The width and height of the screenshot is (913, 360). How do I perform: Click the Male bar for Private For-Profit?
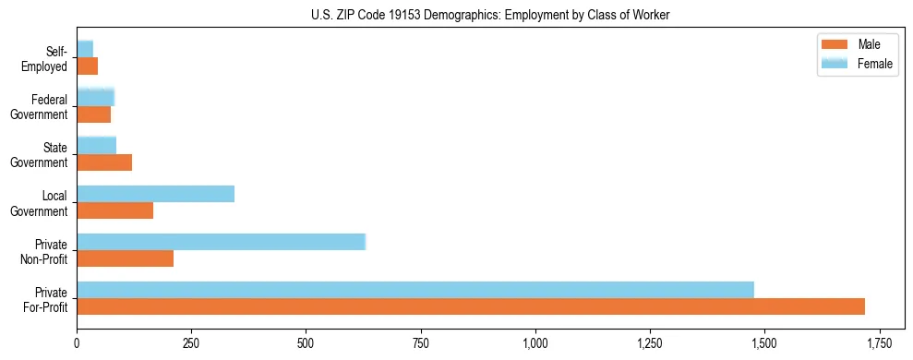[471, 306]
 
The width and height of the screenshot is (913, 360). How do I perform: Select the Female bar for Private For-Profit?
[415, 290]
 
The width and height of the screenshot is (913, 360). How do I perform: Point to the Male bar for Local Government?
[115, 210]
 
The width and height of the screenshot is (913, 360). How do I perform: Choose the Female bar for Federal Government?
[95, 97]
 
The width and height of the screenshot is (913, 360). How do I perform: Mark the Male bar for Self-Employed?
[88, 66]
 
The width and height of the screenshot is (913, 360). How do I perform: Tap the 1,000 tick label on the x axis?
[535, 344]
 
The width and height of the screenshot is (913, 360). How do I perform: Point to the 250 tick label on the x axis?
[191, 344]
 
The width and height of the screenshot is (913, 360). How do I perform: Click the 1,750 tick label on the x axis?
[880, 344]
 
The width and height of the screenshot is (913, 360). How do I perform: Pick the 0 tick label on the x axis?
[77, 344]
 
